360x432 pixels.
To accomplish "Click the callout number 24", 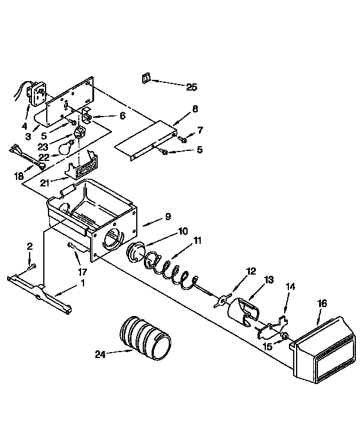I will click(102, 355).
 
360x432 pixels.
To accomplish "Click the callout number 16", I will click(322, 304).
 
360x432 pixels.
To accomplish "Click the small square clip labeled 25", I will click(146, 79).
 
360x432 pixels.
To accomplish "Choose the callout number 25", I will click(191, 87).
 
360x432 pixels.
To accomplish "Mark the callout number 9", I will click(168, 217).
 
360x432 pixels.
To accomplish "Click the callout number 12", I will click(251, 272).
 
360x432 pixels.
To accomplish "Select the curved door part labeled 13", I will click(245, 312).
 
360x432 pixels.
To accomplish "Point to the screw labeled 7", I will click(183, 140).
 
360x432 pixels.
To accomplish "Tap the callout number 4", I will click(25, 125).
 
